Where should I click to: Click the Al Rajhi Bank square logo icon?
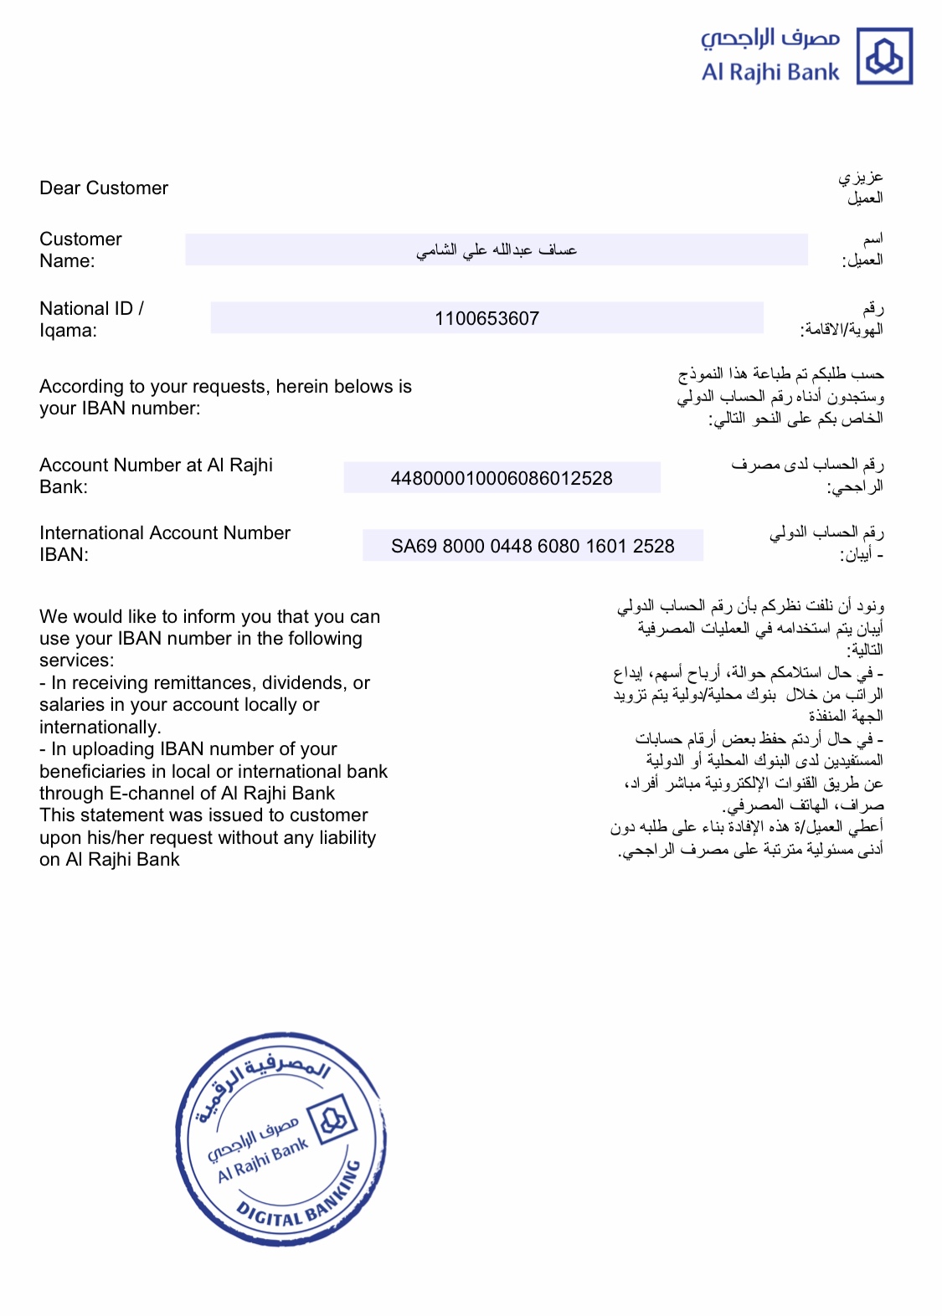[x=884, y=57]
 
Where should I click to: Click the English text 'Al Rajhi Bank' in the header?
[x=770, y=73]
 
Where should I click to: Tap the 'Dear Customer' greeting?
[x=104, y=188]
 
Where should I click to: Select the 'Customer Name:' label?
[x=80, y=249]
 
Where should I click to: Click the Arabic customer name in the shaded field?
[x=497, y=249]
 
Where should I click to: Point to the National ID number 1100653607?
[x=486, y=319]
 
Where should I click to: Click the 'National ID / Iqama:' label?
[x=91, y=319]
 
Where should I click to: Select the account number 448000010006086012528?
[x=502, y=478]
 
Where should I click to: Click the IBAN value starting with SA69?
[x=533, y=546]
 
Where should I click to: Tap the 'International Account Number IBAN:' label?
[x=164, y=543]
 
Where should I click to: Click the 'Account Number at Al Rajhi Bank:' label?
[x=156, y=476]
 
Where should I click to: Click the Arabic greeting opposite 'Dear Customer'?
[x=862, y=188]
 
